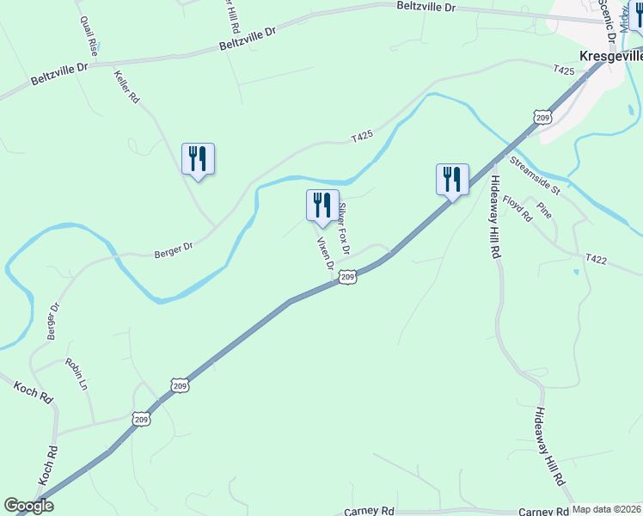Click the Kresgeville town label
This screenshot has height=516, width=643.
point(611,55)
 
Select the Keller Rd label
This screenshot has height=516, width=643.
point(126,86)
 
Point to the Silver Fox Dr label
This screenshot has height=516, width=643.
point(345,229)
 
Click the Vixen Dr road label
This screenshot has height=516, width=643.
point(325,254)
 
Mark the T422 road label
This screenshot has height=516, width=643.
point(597,258)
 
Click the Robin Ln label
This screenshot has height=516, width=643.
point(77,375)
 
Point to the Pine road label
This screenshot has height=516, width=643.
point(543,210)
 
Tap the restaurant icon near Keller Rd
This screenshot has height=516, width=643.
point(198,159)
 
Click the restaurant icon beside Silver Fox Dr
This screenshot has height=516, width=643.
point(322,206)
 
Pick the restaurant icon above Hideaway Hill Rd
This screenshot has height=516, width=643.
point(452,180)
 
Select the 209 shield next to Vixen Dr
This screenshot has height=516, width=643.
point(346,276)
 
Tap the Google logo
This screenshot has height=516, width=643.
point(29,506)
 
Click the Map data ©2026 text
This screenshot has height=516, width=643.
point(607,509)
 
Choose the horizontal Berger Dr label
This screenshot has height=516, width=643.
point(174,250)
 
